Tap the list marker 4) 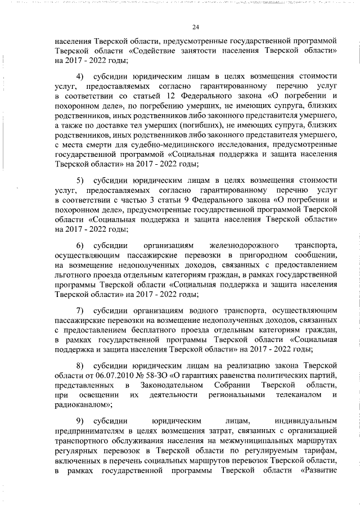tap(80, 75)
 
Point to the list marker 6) tap(80, 246)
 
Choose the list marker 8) tap(80, 365)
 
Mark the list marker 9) tap(80, 420)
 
